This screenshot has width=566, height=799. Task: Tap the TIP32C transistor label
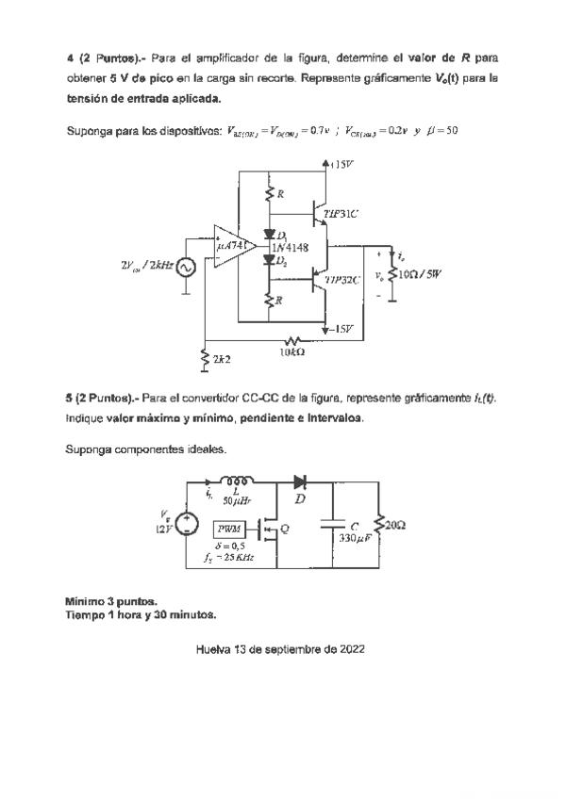coord(342,280)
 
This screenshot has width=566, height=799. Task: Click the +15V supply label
coord(342,163)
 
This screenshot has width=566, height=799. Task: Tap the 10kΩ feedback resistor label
coord(291,352)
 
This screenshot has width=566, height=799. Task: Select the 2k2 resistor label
coord(223,359)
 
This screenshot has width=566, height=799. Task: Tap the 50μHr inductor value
coord(235,501)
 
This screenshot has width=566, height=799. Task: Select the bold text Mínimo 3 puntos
coord(111,601)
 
